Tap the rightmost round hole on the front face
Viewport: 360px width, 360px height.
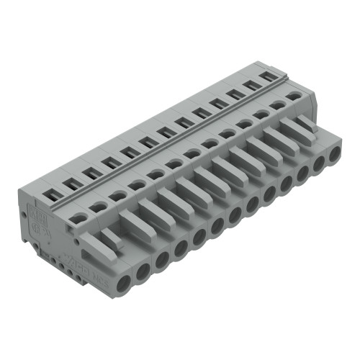point(334,153)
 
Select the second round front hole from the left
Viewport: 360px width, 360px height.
point(143,269)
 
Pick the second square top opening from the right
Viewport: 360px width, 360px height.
point(251,84)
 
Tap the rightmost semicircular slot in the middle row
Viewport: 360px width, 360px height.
point(292,96)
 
